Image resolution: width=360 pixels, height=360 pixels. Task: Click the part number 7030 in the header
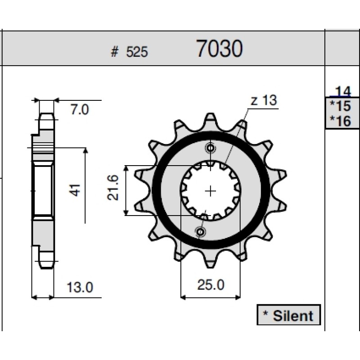coord(220,49)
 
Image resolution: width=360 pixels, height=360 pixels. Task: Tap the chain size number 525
coord(137,52)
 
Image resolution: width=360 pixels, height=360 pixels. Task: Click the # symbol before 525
coord(115,52)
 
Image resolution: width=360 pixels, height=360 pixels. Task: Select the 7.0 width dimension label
coord(80,109)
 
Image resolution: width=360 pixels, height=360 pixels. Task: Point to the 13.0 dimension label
coord(80,287)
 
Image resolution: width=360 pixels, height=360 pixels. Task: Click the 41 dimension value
coord(75,190)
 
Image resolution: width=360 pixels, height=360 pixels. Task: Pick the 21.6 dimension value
coord(113,188)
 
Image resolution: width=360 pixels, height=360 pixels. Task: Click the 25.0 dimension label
coord(211,285)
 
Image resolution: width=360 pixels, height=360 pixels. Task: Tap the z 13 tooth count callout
coord(264,100)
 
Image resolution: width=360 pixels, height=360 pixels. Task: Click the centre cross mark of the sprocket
coord(210,191)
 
